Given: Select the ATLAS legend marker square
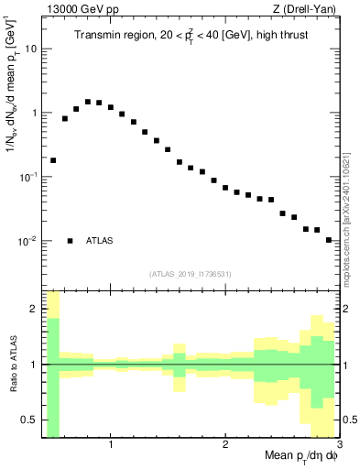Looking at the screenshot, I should (70, 241).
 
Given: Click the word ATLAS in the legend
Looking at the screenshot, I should (101, 241).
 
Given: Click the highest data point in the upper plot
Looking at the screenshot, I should (88, 102).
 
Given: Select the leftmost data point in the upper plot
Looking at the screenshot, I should (53, 160).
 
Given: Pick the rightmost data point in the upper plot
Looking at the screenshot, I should (328, 240).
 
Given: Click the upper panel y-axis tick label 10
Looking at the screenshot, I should (30, 49).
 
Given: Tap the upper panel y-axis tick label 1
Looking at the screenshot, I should (33, 113).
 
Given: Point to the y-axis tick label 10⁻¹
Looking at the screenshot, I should (27, 177).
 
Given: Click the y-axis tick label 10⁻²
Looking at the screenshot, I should (27, 241).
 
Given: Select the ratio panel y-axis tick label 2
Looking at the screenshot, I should (33, 309).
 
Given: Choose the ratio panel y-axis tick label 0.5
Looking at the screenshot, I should (29, 420).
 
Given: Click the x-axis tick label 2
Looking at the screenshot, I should (225, 446).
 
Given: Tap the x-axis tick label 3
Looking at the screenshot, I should (338, 446).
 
